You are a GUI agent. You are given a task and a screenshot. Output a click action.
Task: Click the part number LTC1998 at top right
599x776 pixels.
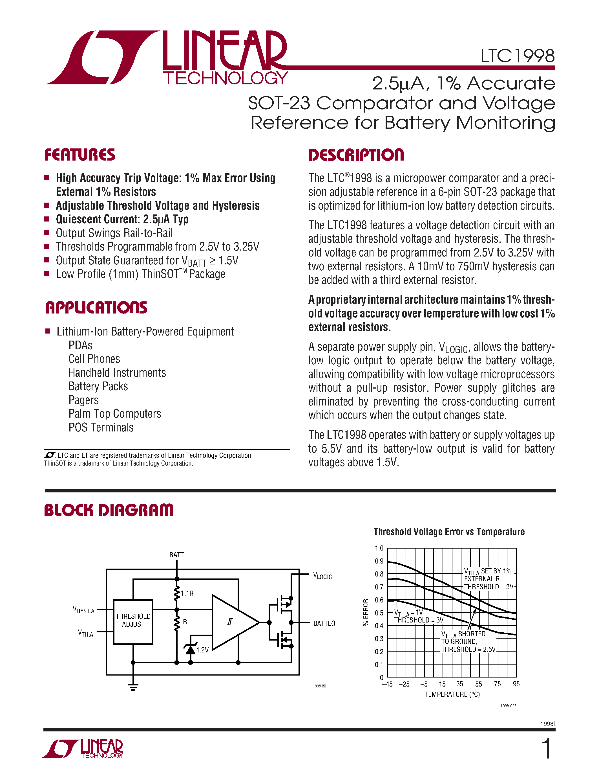tap(517, 56)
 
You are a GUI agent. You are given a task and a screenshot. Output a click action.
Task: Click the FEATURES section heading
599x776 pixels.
tap(80, 155)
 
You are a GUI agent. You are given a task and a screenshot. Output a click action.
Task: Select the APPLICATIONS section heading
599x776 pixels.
tap(96, 308)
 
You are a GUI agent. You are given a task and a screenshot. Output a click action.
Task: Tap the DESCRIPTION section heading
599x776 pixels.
tap(356, 155)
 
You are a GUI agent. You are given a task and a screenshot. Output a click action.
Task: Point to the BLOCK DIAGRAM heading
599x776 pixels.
tap(109, 510)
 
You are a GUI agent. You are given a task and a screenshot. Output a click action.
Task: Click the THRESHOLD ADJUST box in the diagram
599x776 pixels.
tap(133, 622)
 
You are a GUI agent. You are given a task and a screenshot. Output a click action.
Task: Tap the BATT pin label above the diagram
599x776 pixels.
tap(176, 555)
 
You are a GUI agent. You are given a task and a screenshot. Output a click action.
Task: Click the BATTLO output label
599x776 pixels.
tap(324, 624)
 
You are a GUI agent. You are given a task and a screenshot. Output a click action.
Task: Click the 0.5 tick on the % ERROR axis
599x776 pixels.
tap(379, 613)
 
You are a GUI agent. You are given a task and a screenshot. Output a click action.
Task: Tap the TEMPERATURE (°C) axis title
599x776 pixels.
tap(452, 694)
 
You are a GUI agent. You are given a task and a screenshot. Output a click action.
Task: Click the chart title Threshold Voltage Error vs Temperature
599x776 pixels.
tap(449, 532)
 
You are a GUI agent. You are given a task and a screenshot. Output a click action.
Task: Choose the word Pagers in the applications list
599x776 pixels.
tap(84, 400)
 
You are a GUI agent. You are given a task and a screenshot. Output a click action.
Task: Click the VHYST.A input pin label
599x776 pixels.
tap(83, 610)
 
